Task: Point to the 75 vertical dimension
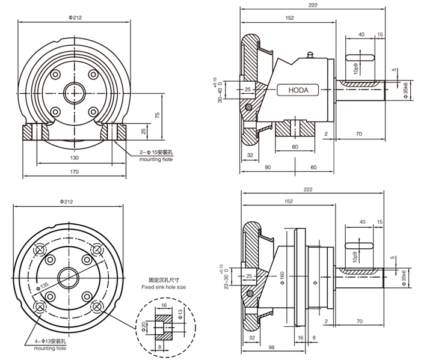(x=155, y=115)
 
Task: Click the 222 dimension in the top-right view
(x=313, y=5)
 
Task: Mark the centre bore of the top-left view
(x=75, y=94)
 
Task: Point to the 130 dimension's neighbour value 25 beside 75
(x=144, y=131)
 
